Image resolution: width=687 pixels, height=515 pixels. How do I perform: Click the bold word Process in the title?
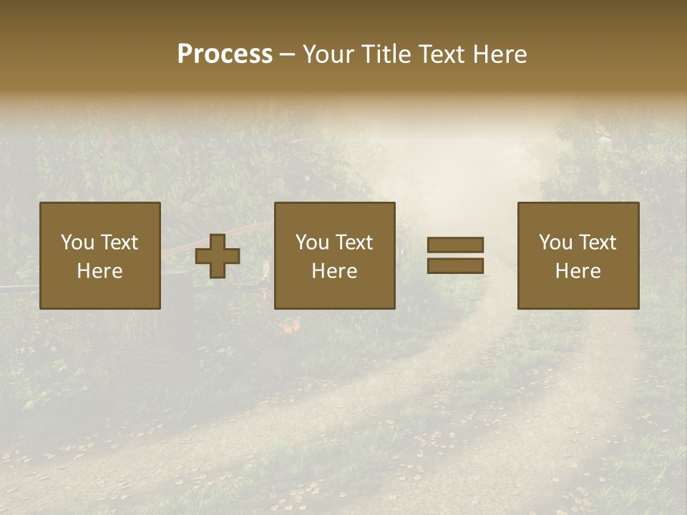(x=225, y=54)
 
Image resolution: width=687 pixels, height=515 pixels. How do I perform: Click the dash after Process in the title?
(x=287, y=56)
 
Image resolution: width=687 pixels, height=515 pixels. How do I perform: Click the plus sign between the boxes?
(x=218, y=256)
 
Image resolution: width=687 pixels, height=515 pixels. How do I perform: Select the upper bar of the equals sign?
(x=455, y=245)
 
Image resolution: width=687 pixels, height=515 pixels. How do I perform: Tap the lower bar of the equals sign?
(x=455, y=266)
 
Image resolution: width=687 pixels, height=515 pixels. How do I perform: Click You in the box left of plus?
(x=77, y=242)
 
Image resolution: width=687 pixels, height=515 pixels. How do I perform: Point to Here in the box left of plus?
(x=99, y=271)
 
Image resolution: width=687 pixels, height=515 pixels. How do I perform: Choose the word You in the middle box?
(x=312, y=242)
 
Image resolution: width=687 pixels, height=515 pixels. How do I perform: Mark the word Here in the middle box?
(x=334, y=271)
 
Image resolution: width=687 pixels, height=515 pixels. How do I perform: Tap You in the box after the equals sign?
(x=555, y=242)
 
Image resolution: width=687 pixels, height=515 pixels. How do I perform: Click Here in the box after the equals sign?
(x=578, y=271)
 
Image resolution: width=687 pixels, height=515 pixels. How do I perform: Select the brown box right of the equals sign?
(x=578, y=293)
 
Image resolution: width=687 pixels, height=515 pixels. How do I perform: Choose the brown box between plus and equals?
(x=335, y=293)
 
